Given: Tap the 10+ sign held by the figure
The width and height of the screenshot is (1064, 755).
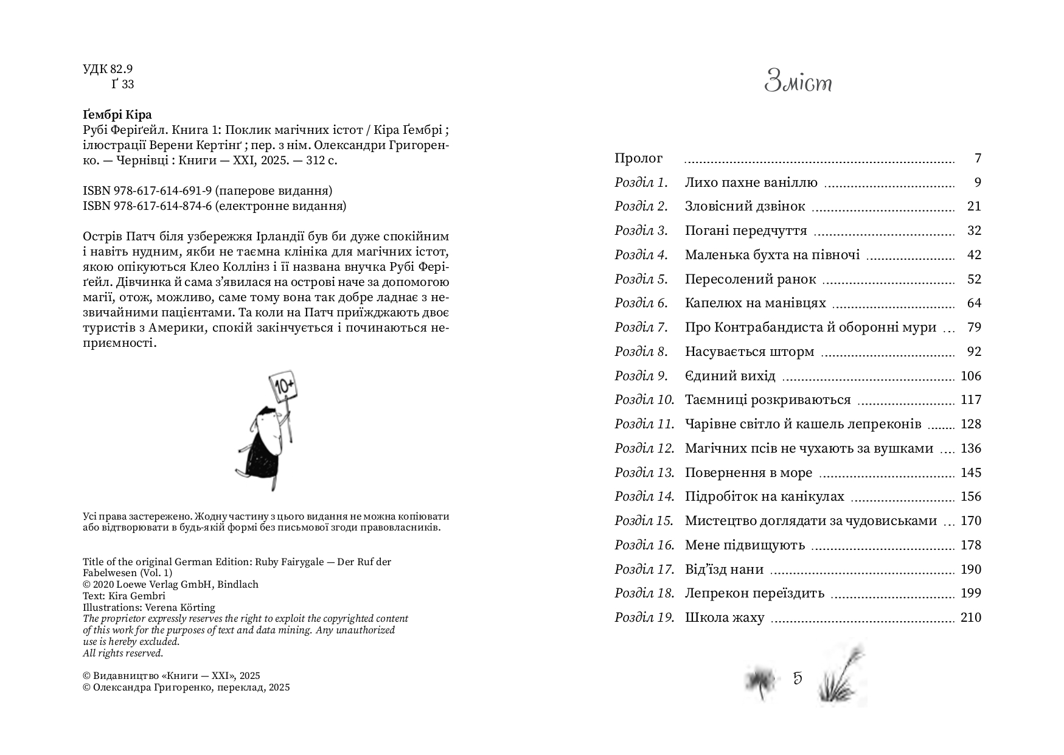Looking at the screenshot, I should pyautogui.click(x=284, y=385).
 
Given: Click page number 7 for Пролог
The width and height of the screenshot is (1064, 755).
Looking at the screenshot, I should pyautogui.click(x=978, y=158).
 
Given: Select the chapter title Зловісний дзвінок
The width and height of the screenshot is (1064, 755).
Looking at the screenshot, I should pyautogui.click(x=745, y=206).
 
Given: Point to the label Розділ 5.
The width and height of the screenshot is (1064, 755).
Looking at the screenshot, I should pyautogui.click(x=641, y=279).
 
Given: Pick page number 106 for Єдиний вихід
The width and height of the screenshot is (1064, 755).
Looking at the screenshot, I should pyautogui.click(x=971, y=376).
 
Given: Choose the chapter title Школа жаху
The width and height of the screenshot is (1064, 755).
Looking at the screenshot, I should pyautogui.click(x=724, y=618).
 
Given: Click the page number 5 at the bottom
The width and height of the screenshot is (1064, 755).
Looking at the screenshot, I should pyautogui.click(x=798, y=678).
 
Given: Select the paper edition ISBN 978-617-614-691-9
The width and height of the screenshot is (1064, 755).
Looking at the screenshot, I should pyautogui.click(x=207, y=191).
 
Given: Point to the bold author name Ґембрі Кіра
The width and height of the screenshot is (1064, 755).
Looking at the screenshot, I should pyautogui.click(x=117, y=115).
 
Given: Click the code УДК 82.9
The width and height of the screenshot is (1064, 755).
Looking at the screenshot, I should pyautogui.click(x=108, y=69).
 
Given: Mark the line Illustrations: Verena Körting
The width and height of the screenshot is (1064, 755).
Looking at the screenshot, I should pyautogui.click(x=149, y=607).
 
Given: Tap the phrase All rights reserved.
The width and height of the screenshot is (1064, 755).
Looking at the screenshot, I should pyautogui.click(x=123, y=653).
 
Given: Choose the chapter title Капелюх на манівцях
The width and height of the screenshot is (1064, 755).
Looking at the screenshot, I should pyautogui.click(x=755, y=303).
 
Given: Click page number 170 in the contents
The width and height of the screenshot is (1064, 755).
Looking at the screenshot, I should pyautogui.click(x=971, y=521).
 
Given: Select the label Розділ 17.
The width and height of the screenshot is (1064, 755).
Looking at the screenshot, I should pyautogui.click(x=644, y=569).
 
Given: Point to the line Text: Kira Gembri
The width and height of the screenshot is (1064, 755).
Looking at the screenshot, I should pyautogui.click(x=124, y=596).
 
